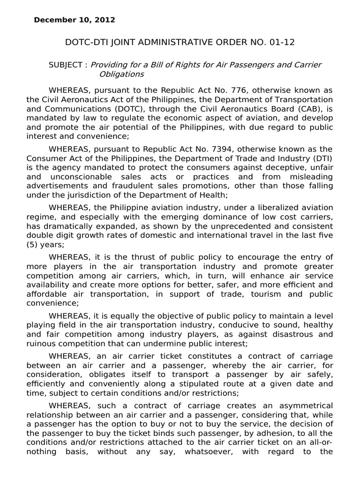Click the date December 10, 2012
point(74,20)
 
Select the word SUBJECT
point(65,65)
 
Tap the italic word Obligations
point(121,74)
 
